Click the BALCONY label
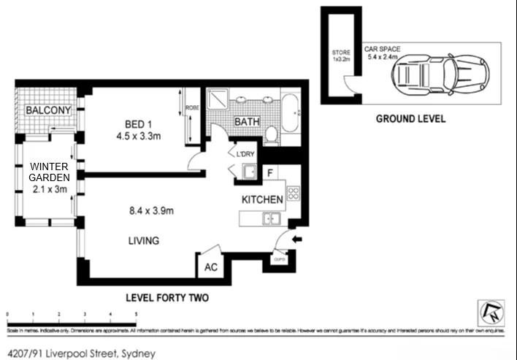click(x=48, y=111)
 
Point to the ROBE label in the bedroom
click(x=192, y=107)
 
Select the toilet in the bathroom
click(x=270, y=133)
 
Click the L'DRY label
click(x=245, y=153)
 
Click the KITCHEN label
click(x=262, y=199)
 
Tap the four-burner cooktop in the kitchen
click(x=293, y=194)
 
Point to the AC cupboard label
click(x=210, y=267)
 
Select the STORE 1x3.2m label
click(x=341, y=56)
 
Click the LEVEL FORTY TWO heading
click(x=167, y=297)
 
